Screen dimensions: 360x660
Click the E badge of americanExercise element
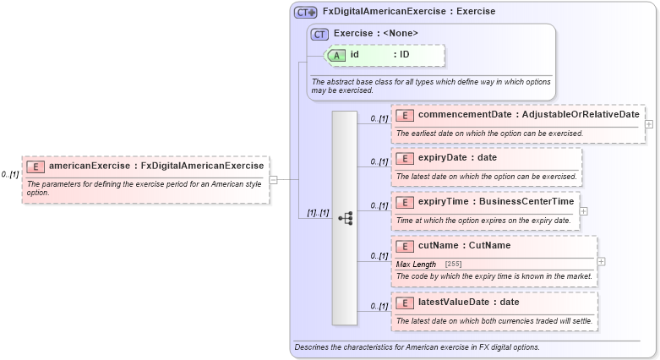(35, 166)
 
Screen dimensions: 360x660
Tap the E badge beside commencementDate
(405, 115)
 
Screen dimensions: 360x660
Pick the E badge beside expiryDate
(405, 158)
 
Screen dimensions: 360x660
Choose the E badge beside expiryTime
(405, 202)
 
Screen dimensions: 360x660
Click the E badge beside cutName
(405, 246)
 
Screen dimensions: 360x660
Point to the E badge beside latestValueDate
(405, 303)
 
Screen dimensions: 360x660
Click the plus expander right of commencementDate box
(649, 124)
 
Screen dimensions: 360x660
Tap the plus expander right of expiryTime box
(584, 211)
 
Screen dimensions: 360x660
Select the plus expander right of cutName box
(601, 261)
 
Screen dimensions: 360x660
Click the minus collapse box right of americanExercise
(273, 179)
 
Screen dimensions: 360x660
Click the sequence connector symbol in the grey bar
(345, 218)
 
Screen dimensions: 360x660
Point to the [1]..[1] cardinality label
(318, 213)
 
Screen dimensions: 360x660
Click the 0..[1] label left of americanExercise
(10, 175)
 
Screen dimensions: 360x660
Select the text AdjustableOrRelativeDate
(581, 115)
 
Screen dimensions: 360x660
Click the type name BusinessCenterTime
(520, 202)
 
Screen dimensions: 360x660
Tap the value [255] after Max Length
(453, 265)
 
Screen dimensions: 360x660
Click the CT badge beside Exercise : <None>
(319, 35)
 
